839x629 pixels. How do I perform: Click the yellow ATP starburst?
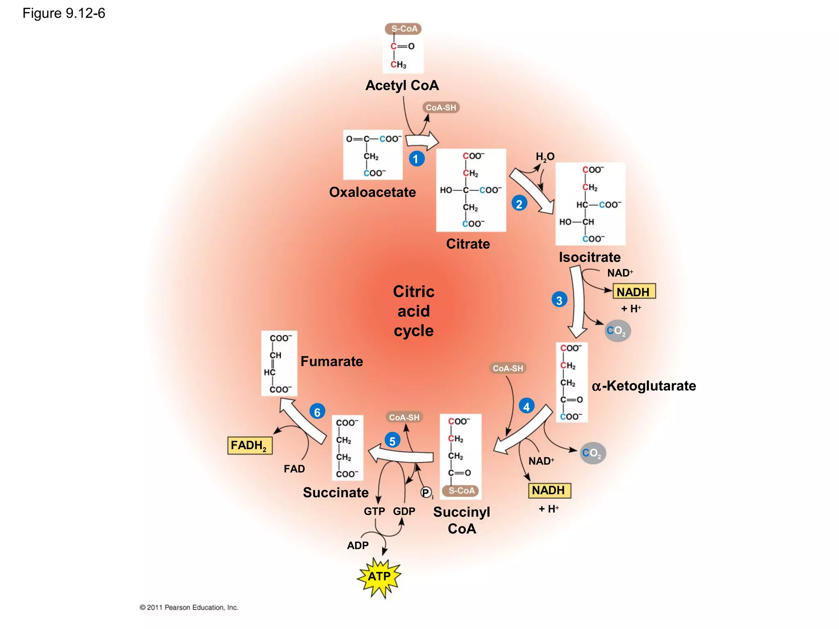pos(379,577)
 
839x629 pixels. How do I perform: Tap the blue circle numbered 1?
pos(416,159)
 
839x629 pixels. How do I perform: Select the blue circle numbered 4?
pos(526,406)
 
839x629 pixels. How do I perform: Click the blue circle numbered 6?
pos(317,412)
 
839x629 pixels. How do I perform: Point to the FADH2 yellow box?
pos(249,446)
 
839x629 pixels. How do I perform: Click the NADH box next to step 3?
pos(633,292)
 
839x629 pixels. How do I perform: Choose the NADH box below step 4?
pos(549,490)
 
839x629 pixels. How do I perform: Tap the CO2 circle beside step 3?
pos(617,331)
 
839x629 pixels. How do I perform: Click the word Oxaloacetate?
pos(372,192)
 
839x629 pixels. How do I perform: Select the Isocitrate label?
pos(590,257)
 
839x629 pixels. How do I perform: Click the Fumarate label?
pos(331,361)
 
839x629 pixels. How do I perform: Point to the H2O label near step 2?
pos(545,157)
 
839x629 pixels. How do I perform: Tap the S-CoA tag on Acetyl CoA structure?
pos(404,29)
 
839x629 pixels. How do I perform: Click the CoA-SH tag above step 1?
pos(440,108)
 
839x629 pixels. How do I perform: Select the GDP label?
pos(404,511)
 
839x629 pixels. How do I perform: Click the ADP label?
pos(358,545)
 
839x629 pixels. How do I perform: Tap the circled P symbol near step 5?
pos(426,493)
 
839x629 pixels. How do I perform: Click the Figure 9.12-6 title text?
pos(64,14)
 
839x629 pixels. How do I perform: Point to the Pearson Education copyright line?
pos(189,607)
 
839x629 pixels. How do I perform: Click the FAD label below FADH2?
pos(294,469)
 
